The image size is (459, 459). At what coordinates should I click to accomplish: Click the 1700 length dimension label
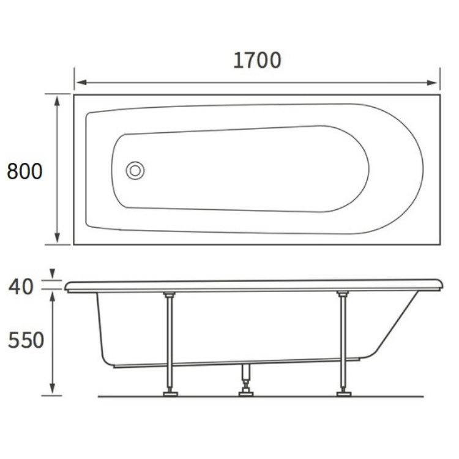[257, 61]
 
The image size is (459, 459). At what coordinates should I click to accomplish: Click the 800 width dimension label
[24, 171]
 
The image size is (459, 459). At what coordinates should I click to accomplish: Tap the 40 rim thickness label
[21, 286]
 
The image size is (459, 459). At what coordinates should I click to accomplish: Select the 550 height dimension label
[26, 340]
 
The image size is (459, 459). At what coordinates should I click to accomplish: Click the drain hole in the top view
[135, 170]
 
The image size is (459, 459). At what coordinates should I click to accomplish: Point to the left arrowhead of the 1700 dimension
[81, 83]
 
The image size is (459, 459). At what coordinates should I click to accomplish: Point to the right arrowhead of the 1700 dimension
[432, 83]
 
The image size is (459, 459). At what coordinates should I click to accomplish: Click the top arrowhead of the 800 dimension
[57, 100]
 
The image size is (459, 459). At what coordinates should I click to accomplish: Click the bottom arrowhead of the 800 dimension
[57, 237]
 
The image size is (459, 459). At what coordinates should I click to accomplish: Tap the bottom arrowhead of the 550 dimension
[53, 389]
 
